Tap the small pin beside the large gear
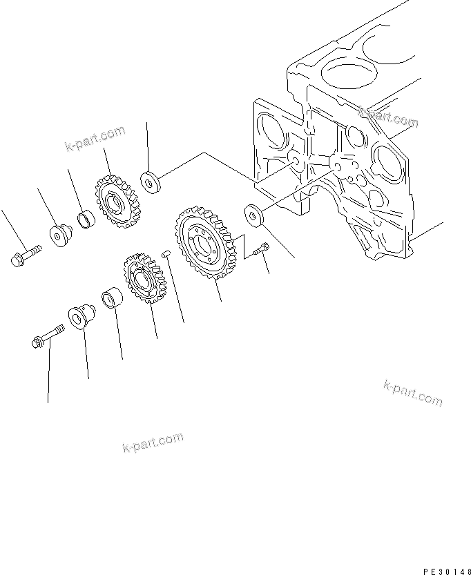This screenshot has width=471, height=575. click(164, 255)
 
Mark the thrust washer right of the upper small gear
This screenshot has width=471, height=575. click(150, 182)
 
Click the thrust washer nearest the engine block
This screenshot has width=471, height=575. click(253, 215)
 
